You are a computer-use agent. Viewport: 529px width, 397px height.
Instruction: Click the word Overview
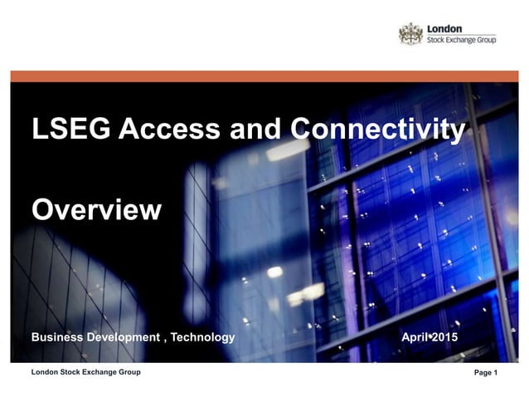[x=96, y=208]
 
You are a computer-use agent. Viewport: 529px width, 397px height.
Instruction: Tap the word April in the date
[x=415, y=338]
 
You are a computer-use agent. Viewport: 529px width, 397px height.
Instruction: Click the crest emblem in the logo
[x=410, y=34]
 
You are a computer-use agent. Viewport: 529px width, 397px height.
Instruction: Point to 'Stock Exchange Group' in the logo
[x=461, y=40]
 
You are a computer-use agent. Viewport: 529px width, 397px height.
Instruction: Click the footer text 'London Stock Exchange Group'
[x=85, y=372]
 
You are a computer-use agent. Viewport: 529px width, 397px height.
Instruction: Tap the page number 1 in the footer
[x=495, y=373]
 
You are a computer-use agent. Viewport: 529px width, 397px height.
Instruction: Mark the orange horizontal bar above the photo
[x=264, y=76]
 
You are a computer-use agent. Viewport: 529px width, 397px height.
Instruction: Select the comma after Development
[x=163, y=339]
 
